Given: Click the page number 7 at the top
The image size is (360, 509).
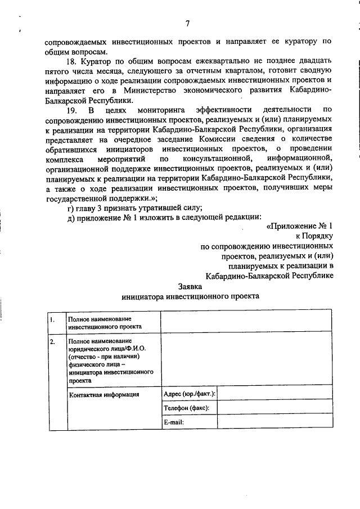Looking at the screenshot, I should pos(188,23).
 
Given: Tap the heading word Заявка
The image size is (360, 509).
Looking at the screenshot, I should pos(190,285).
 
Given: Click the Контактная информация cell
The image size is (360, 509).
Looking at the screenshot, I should pos(103,394).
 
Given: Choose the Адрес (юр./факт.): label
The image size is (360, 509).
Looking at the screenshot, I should pos(189,394).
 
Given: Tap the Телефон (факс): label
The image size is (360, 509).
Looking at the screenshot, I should pos(186,408).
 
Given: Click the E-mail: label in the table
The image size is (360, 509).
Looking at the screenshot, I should pos(174,422).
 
